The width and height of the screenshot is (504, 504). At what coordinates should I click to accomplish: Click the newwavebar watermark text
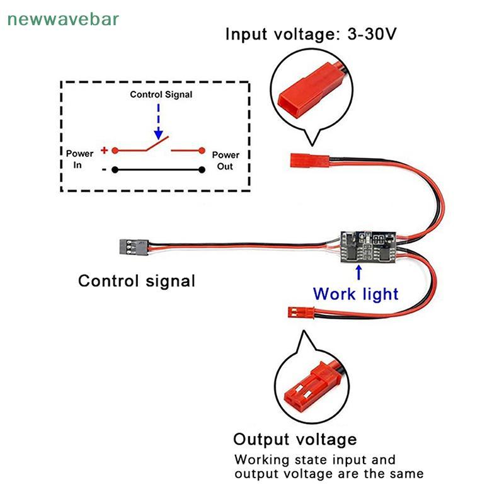click(63, 20)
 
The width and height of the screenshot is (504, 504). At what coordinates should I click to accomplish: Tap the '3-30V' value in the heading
click(372, 33)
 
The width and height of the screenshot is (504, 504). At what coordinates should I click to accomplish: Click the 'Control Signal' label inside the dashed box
click(161, 94)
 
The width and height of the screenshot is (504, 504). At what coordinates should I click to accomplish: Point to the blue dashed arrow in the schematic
click(158, 122)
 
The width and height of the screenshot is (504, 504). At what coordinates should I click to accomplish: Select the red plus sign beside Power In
click(104, 150)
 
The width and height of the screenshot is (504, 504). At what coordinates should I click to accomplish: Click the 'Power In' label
click(79, 159)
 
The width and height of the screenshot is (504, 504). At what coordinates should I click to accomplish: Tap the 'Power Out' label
click(226, 161)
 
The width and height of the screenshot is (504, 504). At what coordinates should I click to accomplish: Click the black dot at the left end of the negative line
click(115, 169)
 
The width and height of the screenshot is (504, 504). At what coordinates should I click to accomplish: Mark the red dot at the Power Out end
click(202, 150)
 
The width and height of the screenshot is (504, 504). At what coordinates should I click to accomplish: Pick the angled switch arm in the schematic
click(157, 144)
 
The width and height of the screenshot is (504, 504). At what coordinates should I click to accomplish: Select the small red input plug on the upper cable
click(309, 160)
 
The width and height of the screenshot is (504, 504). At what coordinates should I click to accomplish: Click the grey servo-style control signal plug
click(134, 247)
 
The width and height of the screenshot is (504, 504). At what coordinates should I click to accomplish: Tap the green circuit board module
click(369, 246)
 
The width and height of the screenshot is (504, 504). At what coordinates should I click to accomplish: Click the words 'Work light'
click(356, 294)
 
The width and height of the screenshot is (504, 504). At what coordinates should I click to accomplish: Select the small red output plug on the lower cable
click(301, 312)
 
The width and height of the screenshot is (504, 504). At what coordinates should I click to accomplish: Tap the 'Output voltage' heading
click(295, 439)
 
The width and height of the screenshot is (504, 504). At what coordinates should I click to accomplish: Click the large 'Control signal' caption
click(137, 281)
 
